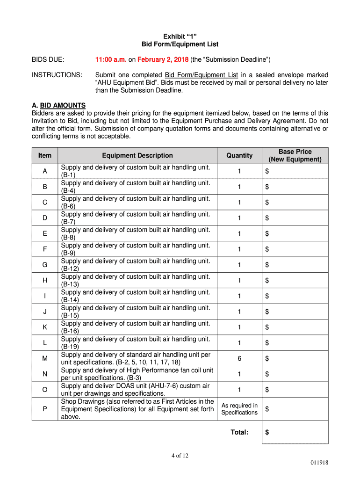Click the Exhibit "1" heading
click(x=180, y=36)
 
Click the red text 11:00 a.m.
click(x=110, y=60)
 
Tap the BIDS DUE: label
click(x=48, y=60)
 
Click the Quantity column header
click(x=239, y=155)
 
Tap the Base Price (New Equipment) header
click(x=295, y=155)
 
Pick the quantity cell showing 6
click(x=239, y=358)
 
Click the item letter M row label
click(x=45, y=358)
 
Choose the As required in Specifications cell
click(x=239, y=409)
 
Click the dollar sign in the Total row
click(x=267, y=432)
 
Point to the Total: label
click(x=239, y=432)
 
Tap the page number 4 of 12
click(x=180, y=457)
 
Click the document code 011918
click(x=319, y=463)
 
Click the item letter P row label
click(x=45, y=409)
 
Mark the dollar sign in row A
click(x=267, y=171)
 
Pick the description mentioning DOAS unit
click(x=136, y=389)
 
